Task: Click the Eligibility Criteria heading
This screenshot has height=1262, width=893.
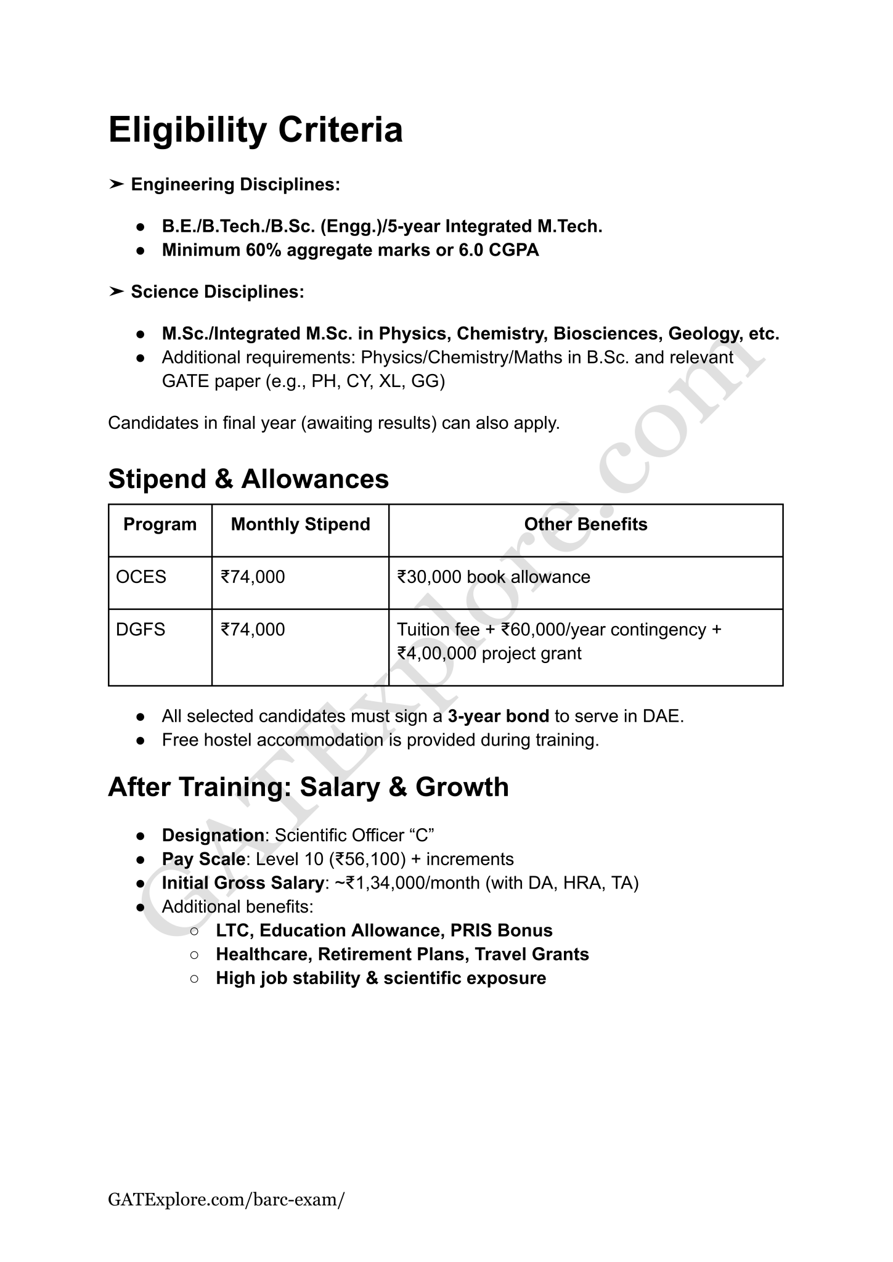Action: click(x=255, y=130)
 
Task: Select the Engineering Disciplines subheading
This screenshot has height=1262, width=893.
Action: click(x=235, y=184)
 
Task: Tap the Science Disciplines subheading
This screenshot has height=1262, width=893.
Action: click(x=217, y=291)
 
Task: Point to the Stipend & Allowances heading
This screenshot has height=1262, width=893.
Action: click(x=248, y=479)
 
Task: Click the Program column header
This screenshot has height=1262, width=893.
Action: click(x=160, y=524)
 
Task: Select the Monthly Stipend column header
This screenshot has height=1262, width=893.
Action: click(x=300, y=524)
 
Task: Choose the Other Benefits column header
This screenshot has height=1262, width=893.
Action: click(x=585, y=524)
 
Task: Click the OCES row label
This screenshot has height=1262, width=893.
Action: click(x=141, y=577)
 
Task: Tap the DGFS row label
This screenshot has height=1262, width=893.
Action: click(x=141, y=629)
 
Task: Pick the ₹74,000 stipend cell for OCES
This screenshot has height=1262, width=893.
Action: click(x=253, y=577)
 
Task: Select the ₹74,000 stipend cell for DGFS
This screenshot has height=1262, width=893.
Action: click(x=253, y=629)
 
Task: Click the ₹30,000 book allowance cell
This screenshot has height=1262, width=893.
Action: click(x=494, y=577)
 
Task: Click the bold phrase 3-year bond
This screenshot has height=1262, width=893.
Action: click(x=498, y=716)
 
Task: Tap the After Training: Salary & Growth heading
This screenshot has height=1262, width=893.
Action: click(x=308, y=787)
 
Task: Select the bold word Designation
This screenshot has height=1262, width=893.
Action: click(x=213, y=835)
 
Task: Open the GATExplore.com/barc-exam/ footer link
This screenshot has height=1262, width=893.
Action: click(x=226, y=1199)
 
